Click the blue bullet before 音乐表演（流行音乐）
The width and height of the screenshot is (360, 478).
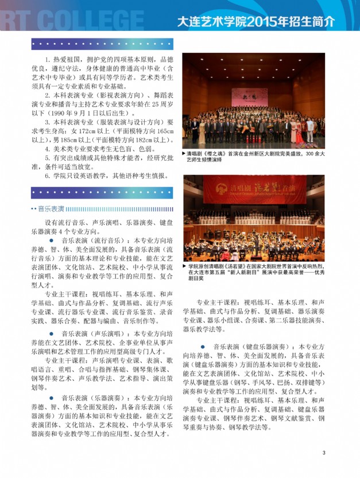click(51, 242)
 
